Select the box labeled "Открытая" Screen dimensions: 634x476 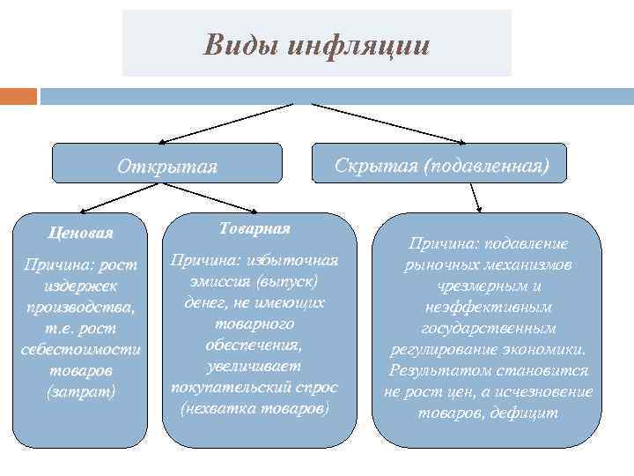pos(167,166)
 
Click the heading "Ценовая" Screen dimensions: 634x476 pos(81,233)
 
